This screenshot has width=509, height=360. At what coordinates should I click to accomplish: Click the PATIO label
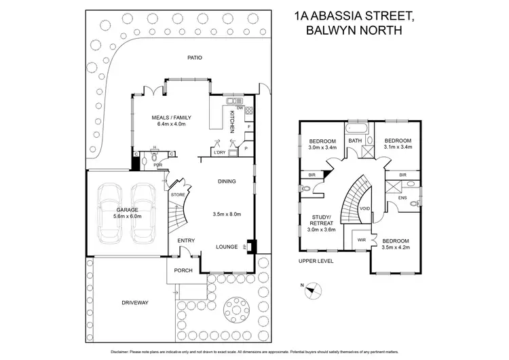click(x=195, y=58)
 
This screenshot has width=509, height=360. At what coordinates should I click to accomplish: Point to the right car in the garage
click(x=144, y=213)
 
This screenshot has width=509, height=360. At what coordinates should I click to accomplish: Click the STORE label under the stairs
click(x=178, y=195)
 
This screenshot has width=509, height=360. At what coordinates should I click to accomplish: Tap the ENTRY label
click(x=186, y=241)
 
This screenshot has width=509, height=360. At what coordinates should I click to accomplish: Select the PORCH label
click(x=183, y=270)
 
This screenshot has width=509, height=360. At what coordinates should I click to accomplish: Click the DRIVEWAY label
click(x=135, y=302)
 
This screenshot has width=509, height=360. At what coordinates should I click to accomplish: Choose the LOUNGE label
click(x=227, y=247)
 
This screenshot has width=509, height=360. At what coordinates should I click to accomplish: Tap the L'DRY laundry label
click(x=219, y=152)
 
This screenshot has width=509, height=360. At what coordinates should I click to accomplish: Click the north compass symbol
click(x=310, y=289)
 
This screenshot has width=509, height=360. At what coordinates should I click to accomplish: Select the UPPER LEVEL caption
click(x=316, y=261)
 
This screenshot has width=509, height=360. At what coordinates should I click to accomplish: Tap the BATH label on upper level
click(x=355, y=141)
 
